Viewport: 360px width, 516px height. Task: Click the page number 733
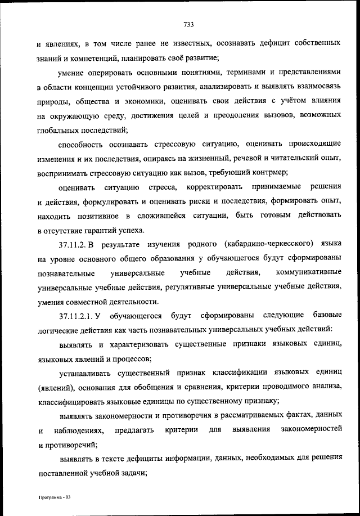pyautogui.click(x=188, y=24)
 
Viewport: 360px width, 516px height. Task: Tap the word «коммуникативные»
pyautogui.click(x=309, y=273)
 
